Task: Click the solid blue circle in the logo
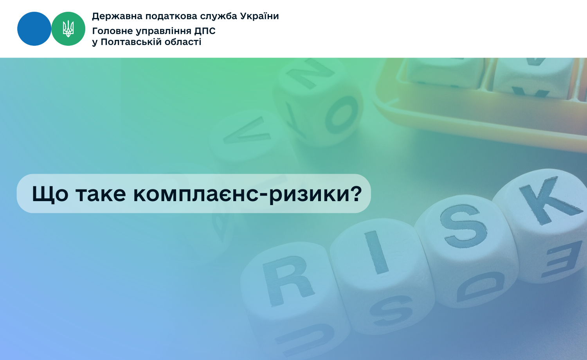click(x=34, y=29)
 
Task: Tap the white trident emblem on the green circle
click(x=68, y=29)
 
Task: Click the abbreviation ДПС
click(x=205, y=31)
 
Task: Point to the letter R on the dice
click(x=288, y=280)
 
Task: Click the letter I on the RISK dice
click(x=376, y=252)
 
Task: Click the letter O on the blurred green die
click(x=341, y=115)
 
